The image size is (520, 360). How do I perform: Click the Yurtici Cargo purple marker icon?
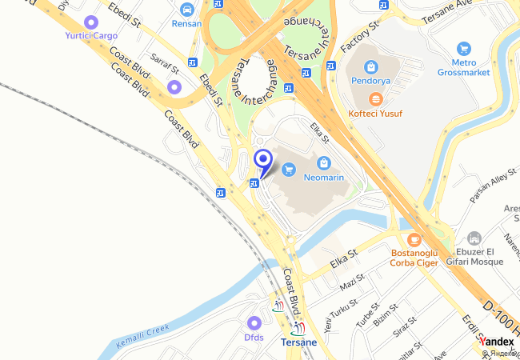[x=91, y=22]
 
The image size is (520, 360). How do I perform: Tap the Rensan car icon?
[x=187, y=10]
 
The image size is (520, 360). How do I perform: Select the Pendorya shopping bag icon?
[x=370, y=68]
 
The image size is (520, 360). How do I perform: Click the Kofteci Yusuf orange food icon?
[x=375, y=99]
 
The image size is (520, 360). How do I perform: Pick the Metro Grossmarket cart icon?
[x=463, y=49]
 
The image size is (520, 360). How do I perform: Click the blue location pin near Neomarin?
[x=262, y=161]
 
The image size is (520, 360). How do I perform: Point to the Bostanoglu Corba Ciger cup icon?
[x=414, y=239]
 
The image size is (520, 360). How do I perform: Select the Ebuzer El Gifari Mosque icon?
[x=474, y=238]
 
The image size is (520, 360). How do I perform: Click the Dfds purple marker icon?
[x=254, y=323]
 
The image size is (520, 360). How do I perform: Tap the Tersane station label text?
[x=298, y=342]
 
